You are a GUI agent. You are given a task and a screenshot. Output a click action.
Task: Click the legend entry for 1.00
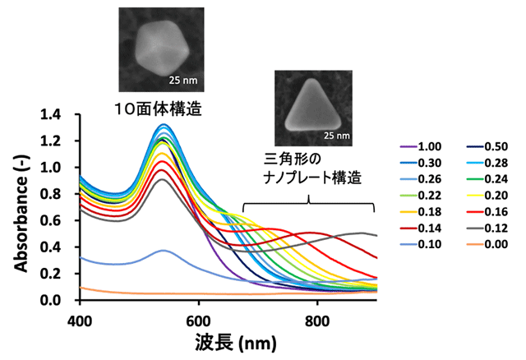(x=422, y=146)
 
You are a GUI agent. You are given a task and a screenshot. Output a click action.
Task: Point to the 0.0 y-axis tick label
(x=62, y=300)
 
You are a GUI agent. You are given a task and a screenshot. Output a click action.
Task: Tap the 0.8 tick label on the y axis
(x=62, y=194)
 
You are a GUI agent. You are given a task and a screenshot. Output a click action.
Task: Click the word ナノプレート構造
(x=309, y=177)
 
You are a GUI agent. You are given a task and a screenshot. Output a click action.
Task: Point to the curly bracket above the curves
(x=309, y=201)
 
